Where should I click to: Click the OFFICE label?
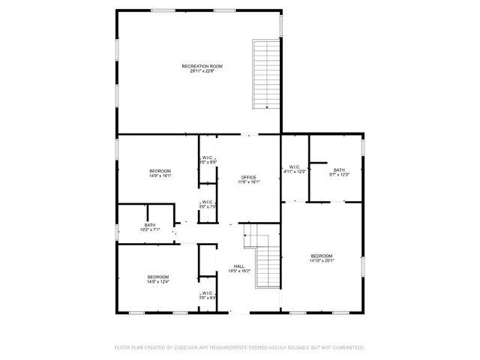coord(248,177)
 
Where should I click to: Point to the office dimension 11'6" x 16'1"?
coord(248,181)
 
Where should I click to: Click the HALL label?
coord(238,266)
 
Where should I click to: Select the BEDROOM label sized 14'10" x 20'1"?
coord(322,256)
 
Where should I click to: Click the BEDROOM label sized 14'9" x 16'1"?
coord(160,172)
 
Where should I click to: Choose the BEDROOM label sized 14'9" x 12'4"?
coord(157,277)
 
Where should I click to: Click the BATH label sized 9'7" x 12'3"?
coord(339,169)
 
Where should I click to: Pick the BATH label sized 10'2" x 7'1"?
coord(150,225)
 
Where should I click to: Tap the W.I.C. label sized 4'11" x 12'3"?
coord(295,166)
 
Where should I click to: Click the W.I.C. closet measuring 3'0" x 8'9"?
coord(208,157)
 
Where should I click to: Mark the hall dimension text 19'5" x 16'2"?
coord(238,271)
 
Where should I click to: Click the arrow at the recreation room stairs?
coord(266,107)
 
